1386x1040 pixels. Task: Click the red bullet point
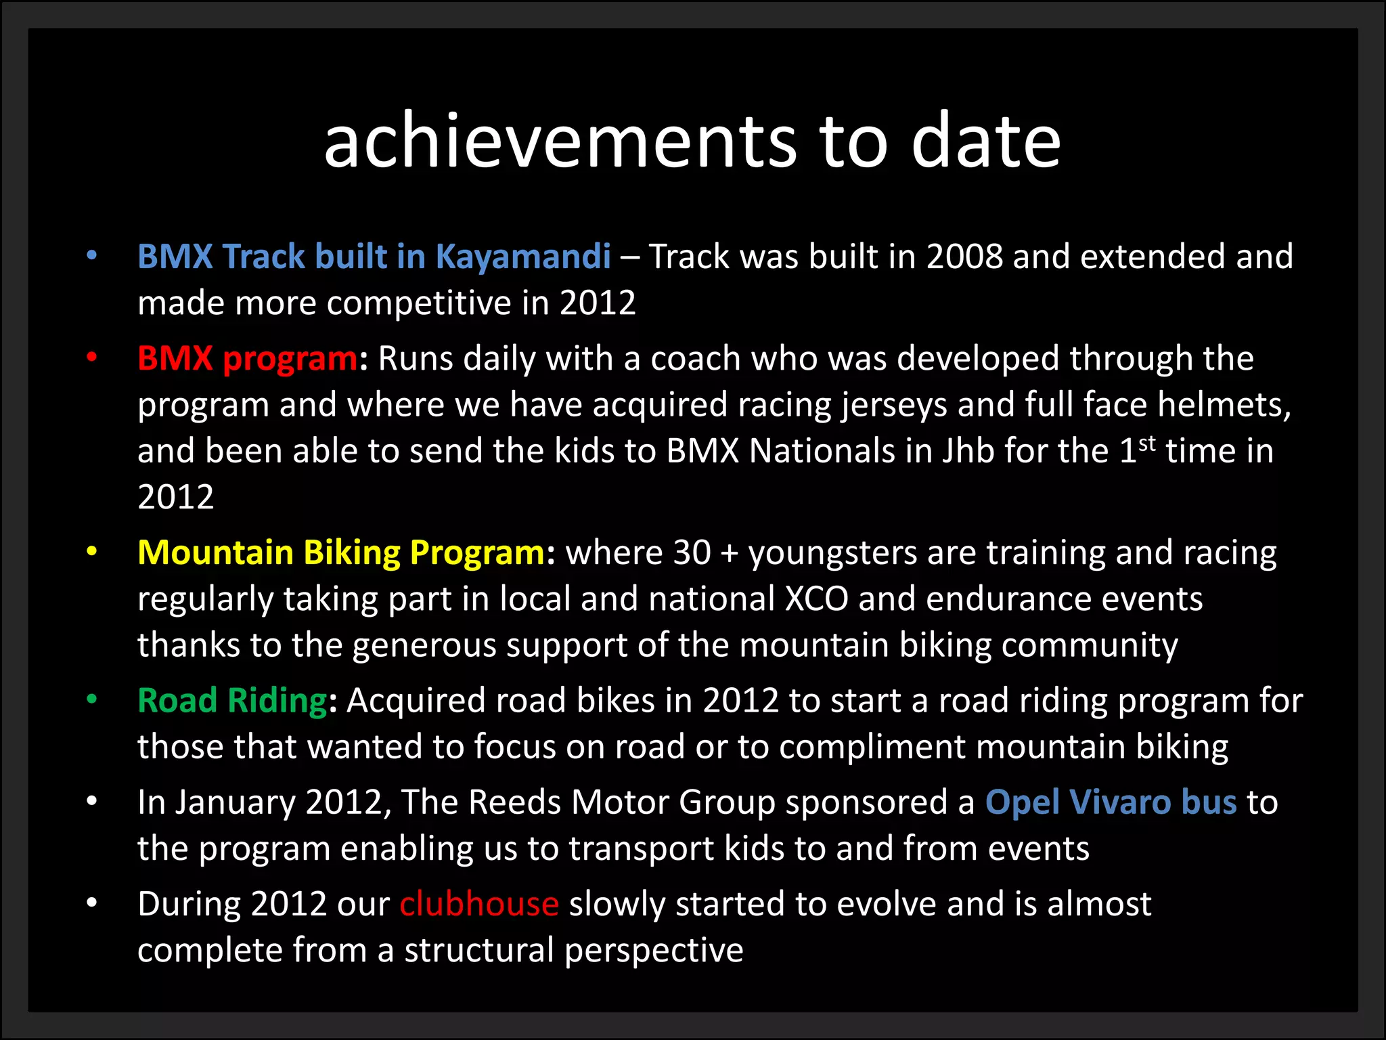click(x=92, y=357)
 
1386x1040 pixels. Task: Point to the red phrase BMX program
click(x=247, y=358)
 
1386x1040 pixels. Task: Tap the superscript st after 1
click(x=1147, y=443)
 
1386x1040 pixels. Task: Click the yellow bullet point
click(x=92, y=552)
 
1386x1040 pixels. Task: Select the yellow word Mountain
click(x=215, y=552)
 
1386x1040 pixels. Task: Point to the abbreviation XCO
click(x=816, y=599)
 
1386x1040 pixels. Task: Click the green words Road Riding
click(x=232, y=700)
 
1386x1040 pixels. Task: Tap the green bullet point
click(x=92, y=699)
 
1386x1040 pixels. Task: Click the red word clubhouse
click(x=479, y=904)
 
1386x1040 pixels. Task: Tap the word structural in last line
click(x=479, y=950)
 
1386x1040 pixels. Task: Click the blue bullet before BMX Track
click(x=92, y=256)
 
